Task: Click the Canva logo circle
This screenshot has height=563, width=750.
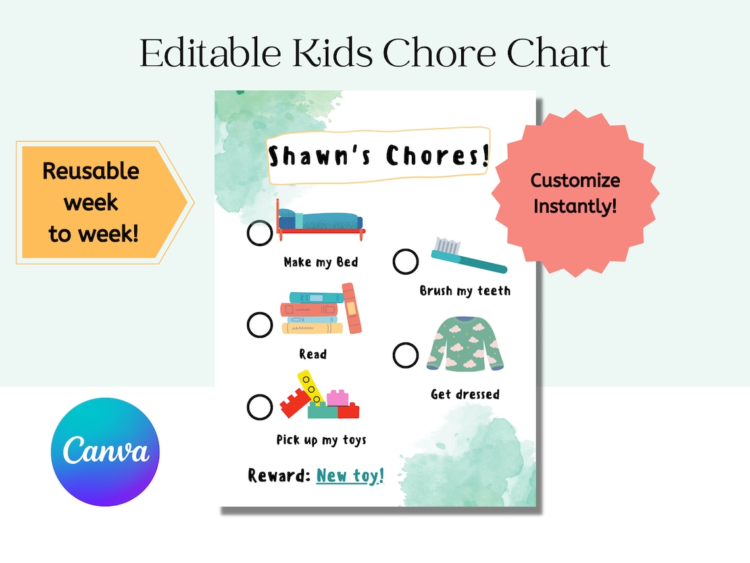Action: pyautogui.click(x=105, y=452)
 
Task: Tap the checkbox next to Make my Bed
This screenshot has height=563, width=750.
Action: pyautogui.click(x=260, y=233)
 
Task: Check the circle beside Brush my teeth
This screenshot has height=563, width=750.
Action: pyautogui.click(x=405, y=261)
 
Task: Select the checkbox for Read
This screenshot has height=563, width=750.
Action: pyautogui.click(x=260, y=325)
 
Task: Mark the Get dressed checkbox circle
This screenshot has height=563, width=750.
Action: pyautogui.click(x=405, y=355)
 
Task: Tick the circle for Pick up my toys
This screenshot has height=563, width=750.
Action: pyautogui.click(x=260, y=407)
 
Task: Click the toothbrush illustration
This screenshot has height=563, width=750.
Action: pyautogui.click(x=468, y=256)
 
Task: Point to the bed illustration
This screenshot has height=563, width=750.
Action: pyautogui.click(x=320, y=218)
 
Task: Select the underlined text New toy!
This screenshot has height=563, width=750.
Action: pyautogui.click(x=349, y=475)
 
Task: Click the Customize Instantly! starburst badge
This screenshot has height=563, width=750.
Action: pyautogui.click(x=575, y=193)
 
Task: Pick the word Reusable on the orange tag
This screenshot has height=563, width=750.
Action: pyautogui.click(x=91, y=171)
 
